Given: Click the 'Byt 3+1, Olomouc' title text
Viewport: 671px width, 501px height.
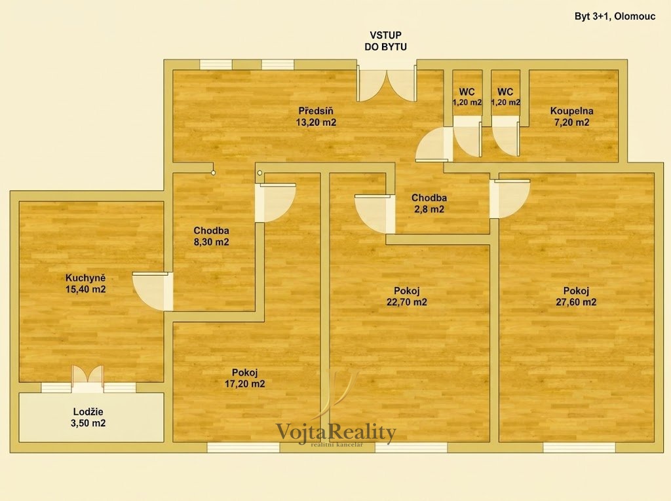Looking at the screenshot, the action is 615,16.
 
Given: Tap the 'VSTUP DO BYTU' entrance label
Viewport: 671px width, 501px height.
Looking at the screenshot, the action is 385,41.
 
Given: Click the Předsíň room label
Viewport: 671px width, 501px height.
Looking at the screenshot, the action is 316,111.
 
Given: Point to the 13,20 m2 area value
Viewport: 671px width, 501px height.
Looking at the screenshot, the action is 316,122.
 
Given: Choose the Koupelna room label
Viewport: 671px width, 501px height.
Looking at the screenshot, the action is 571,111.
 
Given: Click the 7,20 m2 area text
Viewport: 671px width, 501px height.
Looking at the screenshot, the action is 571,122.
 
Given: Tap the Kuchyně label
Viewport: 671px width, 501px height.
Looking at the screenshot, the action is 86,278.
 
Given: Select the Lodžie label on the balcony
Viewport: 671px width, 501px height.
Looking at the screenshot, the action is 88,412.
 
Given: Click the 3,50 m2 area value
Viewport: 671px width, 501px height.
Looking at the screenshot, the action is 88,423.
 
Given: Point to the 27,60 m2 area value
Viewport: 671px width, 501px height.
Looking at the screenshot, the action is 576,302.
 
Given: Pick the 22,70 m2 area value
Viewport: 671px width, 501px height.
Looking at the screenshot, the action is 406,302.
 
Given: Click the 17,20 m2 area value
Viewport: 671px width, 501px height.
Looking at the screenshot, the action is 245,384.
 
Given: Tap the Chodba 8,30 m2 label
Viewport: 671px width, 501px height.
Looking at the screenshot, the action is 212,236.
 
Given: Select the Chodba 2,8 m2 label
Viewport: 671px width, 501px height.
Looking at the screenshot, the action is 429,204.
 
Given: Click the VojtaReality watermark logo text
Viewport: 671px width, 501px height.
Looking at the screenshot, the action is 336,432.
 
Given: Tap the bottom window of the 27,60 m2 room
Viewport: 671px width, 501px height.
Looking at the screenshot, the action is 579,447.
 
